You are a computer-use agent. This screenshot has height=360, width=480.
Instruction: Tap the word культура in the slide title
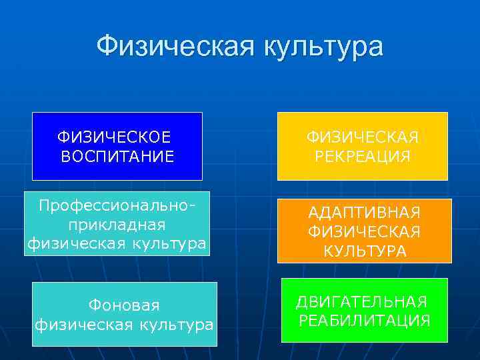coord(325,47)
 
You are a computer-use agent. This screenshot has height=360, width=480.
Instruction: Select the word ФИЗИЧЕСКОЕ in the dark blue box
coord(114,137)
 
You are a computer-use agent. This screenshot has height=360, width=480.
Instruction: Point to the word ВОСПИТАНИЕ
coord(117,157)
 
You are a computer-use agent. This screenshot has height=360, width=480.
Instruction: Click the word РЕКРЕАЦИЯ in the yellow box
coord(363,157)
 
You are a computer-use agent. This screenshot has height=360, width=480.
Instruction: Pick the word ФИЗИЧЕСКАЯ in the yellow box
coord(363,137)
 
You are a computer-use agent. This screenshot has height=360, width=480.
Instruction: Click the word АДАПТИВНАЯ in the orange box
coord(364,213)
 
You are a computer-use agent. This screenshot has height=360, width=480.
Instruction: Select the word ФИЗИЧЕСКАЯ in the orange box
coord(364,232)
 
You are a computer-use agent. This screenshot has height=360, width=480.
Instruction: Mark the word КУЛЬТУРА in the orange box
coord(364,252)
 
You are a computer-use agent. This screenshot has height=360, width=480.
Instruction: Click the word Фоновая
coord(124,305)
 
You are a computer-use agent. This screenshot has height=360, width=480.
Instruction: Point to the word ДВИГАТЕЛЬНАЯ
coord(361,301)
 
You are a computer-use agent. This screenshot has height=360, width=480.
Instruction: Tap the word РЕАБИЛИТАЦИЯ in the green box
coord(364,321)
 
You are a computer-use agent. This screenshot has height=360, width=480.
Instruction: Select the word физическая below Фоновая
coord(79,325)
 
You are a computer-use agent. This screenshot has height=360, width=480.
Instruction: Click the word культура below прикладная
coord(165,243)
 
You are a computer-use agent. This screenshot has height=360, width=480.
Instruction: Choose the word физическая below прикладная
coord(72,243)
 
